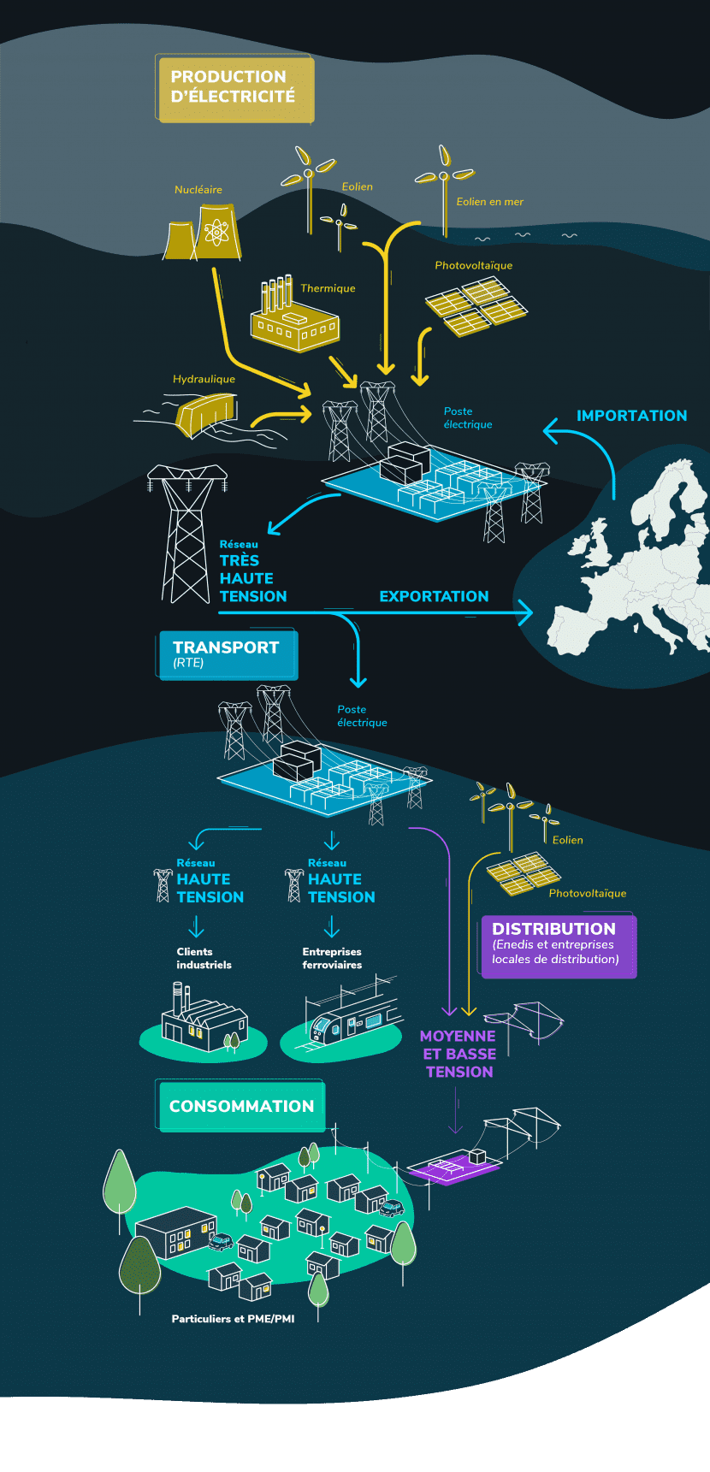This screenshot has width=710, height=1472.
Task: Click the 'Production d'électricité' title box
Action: click(x=235, y=88)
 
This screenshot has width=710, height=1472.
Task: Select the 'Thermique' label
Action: click(x=328, y=288)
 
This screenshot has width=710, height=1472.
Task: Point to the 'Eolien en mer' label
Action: click(x=489, y=202)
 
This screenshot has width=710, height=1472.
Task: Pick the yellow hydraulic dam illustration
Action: click(x=206, y=414)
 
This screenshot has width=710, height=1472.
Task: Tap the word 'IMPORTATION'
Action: click(x=631, y=416)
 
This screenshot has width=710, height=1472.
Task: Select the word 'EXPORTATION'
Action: click(x=434, y=596)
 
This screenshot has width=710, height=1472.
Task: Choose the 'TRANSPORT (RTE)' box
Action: click(x=228, y=654)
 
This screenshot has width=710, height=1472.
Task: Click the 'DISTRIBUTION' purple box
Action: click(x=558, y=945)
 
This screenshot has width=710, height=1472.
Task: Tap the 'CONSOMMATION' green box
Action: click(x=242, y=1106)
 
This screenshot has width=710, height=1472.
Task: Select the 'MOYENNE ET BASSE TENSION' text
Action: click(x=459, y=1054)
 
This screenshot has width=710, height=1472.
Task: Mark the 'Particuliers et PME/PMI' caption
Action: click(x=233, y=1319)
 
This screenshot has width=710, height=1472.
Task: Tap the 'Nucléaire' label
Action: click(x=198, y=190)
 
